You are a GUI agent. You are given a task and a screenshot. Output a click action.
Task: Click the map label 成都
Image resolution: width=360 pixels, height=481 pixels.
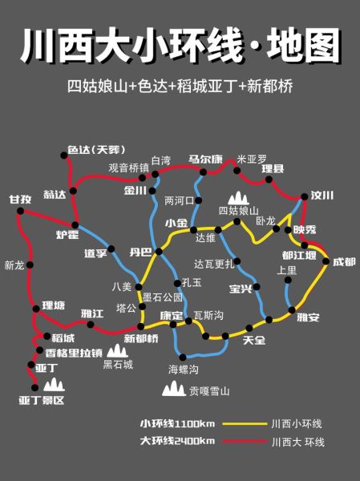[344, 261]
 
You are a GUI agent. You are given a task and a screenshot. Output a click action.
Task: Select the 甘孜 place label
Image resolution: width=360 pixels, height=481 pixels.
[20, 199]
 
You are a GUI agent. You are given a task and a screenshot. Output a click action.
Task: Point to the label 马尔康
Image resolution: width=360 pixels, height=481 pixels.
[205, 159]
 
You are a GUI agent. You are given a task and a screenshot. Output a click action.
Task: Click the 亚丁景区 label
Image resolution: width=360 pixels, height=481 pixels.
[41, 400]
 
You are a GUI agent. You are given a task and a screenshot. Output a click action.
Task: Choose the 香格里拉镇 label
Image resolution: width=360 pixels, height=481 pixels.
[74, 353]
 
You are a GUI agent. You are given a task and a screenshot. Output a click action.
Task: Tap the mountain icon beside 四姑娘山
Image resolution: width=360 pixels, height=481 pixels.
[237, 196]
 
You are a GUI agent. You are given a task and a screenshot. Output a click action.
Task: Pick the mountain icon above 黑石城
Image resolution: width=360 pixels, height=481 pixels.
[117, 350]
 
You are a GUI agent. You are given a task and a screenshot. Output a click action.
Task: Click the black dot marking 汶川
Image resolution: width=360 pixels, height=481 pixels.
[305, 196]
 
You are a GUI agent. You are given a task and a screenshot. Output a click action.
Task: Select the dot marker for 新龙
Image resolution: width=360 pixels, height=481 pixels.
[31, 265]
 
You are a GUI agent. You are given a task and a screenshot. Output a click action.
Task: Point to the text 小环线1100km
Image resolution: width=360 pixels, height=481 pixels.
[176, 423]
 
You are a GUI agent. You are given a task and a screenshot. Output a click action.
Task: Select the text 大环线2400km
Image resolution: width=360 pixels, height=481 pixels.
[176, 441]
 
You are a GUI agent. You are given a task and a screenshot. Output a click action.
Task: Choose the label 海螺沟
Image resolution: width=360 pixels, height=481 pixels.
[183, 370]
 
